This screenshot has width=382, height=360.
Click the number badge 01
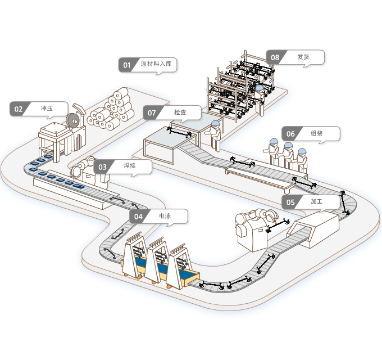127,65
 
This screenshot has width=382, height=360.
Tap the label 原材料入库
156,64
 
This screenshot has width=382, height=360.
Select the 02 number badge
19,109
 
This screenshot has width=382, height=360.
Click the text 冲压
47,109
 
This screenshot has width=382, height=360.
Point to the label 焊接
130,165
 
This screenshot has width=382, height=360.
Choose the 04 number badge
138,217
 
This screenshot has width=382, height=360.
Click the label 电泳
165,216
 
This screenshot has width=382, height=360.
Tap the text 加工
316,201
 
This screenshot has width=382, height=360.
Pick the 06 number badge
290,134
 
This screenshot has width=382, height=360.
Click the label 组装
317,133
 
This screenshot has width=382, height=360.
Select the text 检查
180,112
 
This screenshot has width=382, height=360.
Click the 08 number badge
275,57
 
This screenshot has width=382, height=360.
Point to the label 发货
303,57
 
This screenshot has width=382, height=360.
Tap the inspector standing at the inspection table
214,136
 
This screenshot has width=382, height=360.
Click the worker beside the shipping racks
259,100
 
